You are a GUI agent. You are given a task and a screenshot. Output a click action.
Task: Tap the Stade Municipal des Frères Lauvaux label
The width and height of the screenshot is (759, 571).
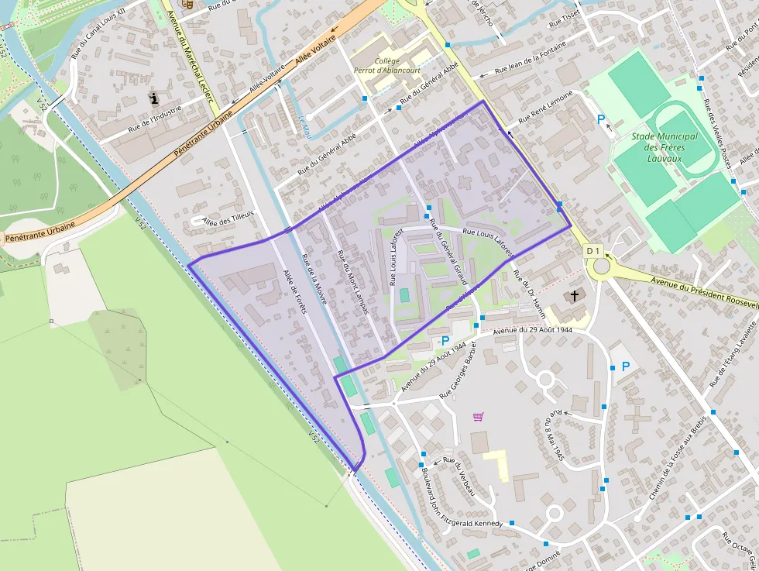point(665,147)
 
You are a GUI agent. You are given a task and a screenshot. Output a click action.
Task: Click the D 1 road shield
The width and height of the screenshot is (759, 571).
point(593,251)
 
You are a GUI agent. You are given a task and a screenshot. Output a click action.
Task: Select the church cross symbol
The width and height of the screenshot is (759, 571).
point(575,296)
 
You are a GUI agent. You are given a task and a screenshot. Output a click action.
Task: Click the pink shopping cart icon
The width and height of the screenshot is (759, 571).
point(478,417)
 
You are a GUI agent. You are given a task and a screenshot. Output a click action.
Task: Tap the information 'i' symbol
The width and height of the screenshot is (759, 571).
point(154,98)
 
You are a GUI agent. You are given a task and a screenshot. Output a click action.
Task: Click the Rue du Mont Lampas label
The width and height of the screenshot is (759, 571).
point(352,282)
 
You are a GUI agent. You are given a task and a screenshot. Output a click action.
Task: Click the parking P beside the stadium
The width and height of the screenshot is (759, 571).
point(601,119)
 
